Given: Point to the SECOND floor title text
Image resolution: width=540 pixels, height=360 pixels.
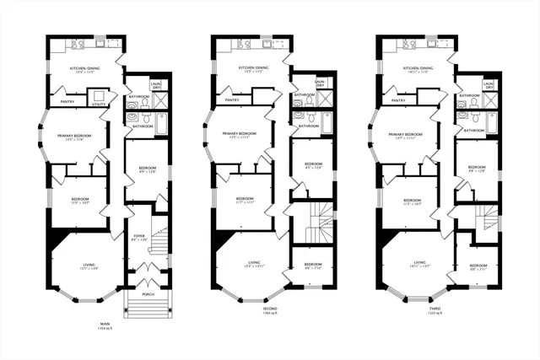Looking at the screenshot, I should click(269, 308).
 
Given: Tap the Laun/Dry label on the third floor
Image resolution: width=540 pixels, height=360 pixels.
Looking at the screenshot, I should click(489, 83).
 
